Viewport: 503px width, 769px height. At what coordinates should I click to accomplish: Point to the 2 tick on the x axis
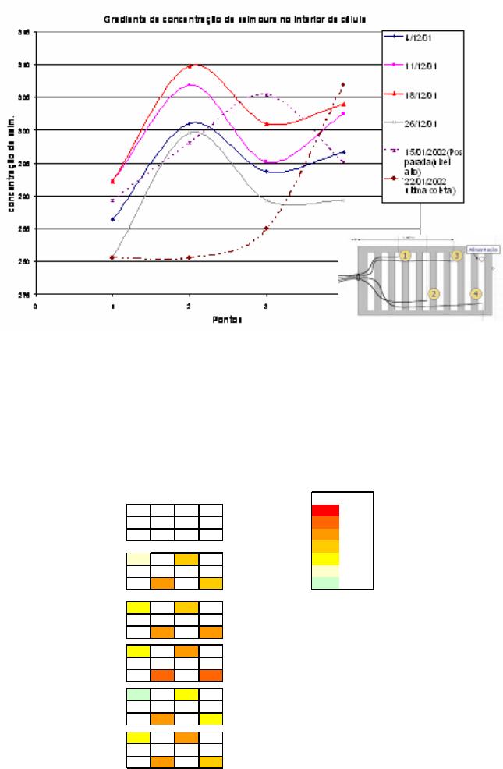(190, 307)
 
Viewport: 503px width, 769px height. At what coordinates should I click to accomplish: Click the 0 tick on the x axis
(35, 307)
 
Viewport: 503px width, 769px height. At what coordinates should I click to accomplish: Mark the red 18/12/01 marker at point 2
(190, 66)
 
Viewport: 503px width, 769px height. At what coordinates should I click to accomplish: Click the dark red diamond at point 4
(343, 84)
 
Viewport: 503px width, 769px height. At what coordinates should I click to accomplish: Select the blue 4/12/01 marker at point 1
(113, 219)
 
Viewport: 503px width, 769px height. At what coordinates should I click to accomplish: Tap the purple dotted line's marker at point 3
(267, 95)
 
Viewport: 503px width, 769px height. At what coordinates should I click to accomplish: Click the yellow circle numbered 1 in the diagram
(405, 255)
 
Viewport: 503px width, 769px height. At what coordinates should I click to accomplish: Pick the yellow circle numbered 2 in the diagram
(434, 294)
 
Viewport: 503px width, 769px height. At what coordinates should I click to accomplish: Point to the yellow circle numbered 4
(476, 294)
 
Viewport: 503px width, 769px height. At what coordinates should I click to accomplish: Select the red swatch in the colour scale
(324, 510)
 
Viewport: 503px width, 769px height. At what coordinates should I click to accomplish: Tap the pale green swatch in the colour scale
(324, 583)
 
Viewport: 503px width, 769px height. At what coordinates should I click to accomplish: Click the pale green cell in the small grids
(138, 694)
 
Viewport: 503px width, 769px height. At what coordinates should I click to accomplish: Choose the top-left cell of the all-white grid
(138, 511)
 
